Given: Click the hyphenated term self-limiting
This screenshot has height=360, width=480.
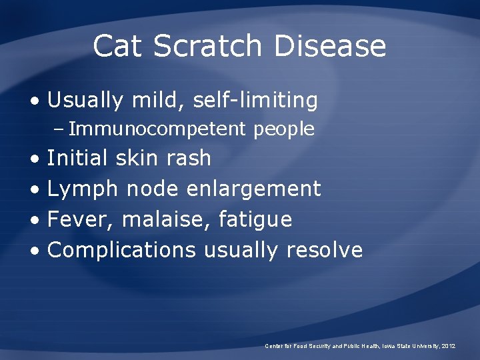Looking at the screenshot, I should pos(255,101).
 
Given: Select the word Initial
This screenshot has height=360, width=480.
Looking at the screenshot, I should pos(77,159).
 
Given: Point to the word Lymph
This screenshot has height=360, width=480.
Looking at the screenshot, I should pos(83,189).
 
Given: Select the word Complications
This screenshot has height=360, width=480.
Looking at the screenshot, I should pos(122,250).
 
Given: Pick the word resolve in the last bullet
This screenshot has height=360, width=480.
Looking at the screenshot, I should pos(325,250).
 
